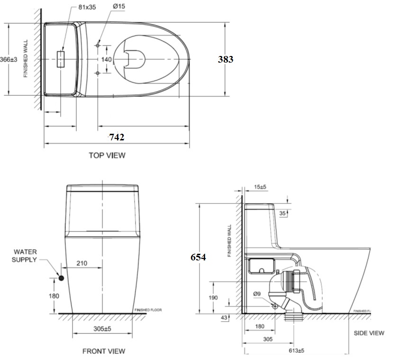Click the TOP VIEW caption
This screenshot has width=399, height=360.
107,155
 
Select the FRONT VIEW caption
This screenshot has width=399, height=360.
104,351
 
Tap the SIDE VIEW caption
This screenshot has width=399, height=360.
369,333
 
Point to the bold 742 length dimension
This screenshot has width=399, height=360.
117,137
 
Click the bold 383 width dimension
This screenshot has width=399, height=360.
225,59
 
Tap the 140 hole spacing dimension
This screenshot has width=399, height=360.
107,59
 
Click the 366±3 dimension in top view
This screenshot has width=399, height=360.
9,59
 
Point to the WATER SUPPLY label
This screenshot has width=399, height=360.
25,256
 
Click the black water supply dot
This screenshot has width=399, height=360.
61,277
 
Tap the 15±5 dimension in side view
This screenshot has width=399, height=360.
260,187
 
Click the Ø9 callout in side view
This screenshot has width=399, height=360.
257,294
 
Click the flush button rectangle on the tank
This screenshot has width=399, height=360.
60,59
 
